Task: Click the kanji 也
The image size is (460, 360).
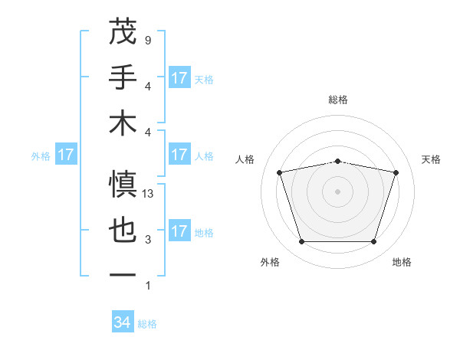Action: click(123, 231)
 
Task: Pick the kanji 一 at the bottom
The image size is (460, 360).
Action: click(123, 275)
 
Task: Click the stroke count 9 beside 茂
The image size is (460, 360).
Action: click(147, 40)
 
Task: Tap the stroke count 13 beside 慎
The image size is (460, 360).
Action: click(149, 194)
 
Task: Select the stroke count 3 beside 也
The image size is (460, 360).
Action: click(147, 240)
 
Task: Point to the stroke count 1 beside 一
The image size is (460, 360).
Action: click(147, 286)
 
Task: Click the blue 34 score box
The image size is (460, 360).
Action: click(123, 322)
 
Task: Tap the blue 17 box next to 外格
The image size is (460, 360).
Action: click(66, 155)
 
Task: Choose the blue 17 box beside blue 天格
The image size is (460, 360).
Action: click(179, 78)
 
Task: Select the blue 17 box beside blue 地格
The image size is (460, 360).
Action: click(179, 231)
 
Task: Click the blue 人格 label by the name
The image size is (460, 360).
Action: click(204, 155)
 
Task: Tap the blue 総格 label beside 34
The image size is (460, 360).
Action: click(147, 324)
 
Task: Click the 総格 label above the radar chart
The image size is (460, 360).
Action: click(338, 100)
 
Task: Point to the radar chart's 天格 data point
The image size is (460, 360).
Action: click(396, 172)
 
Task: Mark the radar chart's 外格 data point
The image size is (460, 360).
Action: click(302, 242)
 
